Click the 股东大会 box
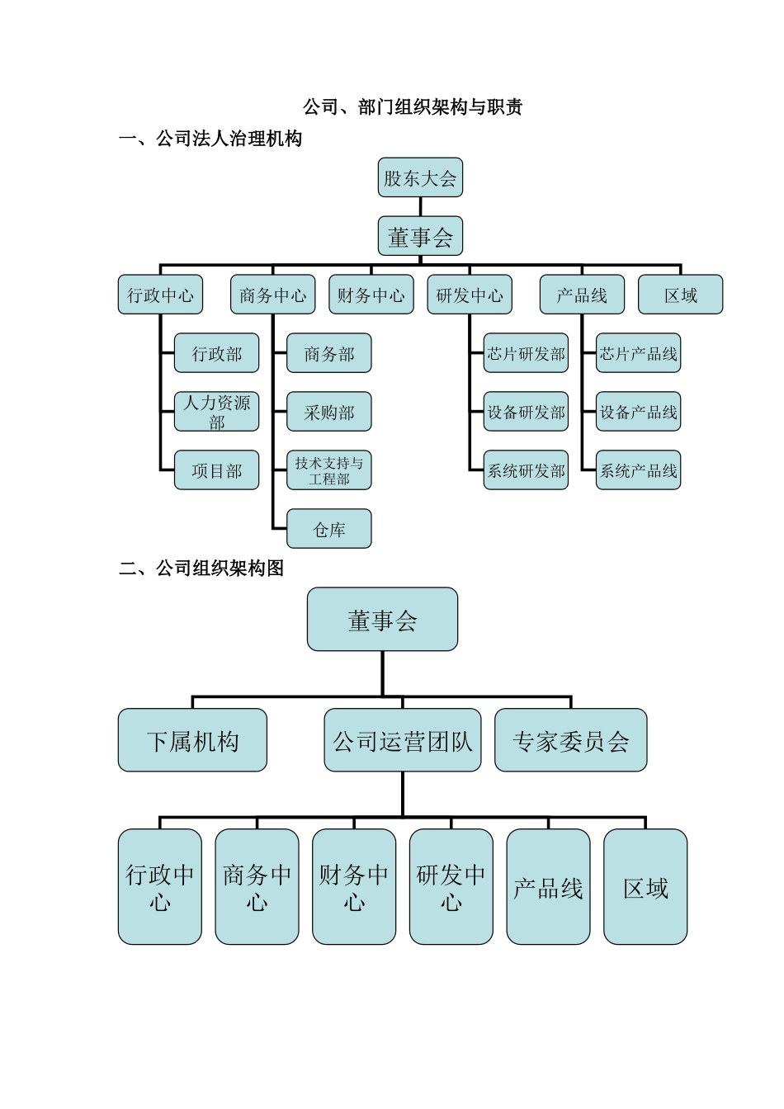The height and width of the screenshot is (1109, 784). tap(420, 178)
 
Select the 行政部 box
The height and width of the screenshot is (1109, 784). tap(216, 354)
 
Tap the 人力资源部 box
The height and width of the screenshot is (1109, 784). tap(216, 412)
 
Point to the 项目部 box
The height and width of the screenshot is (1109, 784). tap(216, 470)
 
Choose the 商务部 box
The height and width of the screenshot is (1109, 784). tap(328, 354)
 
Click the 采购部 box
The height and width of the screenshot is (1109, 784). tap(328, 412)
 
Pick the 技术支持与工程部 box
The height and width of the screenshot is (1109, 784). tap(328, 470)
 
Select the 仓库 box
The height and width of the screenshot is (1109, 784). tap(328, 529)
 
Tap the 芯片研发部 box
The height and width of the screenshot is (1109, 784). tap(526, 354)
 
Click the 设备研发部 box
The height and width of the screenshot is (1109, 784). tap(526, 412)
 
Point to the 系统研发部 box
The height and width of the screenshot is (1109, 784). tap(526, 470)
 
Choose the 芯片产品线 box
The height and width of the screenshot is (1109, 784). tap(638, 354)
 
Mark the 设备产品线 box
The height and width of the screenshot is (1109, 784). tap(638, 412)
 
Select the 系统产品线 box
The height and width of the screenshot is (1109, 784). tap(638, 470)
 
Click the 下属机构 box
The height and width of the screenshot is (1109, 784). tap(192, 740)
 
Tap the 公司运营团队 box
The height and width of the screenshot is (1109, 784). tap(402, 740)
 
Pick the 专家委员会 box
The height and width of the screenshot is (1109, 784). tap(570, 740)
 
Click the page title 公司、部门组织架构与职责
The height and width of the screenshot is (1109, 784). tap(413, 106)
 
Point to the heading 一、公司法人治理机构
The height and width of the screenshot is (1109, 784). tap(210, 139)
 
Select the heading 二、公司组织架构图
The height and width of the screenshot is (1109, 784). tap(201, 568)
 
